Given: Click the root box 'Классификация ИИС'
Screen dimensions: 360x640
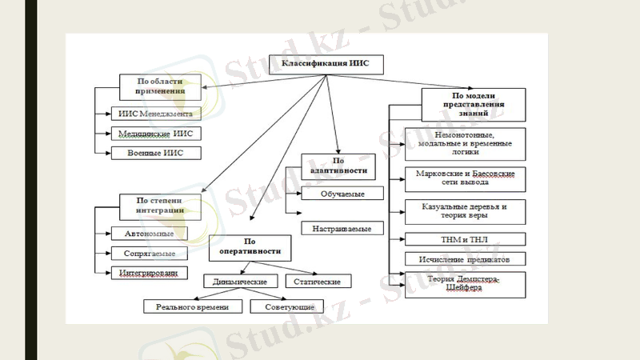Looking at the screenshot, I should (326, 63).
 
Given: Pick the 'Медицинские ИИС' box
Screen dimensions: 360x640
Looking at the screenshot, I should (154, 134).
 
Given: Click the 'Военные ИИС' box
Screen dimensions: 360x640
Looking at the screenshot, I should (154, 152).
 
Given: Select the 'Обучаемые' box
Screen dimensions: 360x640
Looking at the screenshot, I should (342, 193).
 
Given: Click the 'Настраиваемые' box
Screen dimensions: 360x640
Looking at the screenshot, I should (342, 229).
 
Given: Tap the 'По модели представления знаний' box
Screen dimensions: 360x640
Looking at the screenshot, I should (474, 103).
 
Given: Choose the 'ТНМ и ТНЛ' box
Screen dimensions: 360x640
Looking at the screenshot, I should (465, 238).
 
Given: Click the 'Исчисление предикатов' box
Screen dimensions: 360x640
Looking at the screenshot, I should (465, 258).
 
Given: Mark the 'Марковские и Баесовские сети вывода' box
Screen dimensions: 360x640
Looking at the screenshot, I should (465, 178).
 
